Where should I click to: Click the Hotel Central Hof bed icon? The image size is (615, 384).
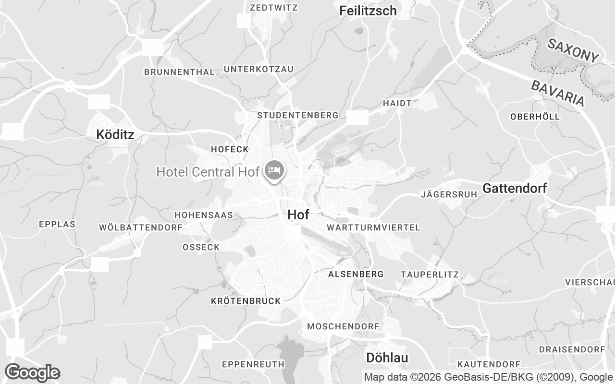click(x=274, y=170)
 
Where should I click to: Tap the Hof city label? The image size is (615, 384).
click(x=298, y=215)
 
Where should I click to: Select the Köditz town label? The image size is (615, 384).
click(x=115, y=134)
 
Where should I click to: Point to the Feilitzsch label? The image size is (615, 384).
click(x=368, y=11)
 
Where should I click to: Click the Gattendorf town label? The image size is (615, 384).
click(x=515, y=188)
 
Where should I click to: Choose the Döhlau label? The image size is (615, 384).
click(x=387, y=358)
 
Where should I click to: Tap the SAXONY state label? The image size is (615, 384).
click(x=573, y=50)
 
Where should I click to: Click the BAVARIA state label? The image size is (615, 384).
click(x=558, y=93)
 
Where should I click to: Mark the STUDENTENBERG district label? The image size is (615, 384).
click(x=298, y=115)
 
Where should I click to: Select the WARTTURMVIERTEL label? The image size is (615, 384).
click(x=373, y=227)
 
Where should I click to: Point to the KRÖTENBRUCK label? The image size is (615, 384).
click(x=246, y=301)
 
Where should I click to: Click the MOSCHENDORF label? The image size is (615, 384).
click(x=343, y=326)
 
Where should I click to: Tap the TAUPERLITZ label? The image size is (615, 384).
click(x=430, y=275)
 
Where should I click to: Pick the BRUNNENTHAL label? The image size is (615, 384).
click(x=179, y=72)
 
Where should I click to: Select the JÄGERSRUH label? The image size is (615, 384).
click(x=449, y=194)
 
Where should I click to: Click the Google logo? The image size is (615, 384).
click(x=32, y=372)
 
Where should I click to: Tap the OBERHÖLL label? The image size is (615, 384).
click(x=535, y=117)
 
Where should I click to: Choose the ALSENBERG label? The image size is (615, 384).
click(x=356, y=274)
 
